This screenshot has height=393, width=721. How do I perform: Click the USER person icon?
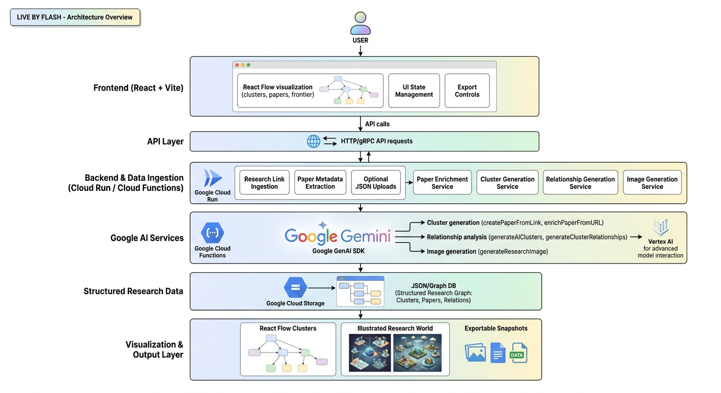(x=360, y=23)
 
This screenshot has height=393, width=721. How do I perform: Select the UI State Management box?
(x=414, y=91)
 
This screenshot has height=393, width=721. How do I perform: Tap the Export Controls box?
(x=467, y=91)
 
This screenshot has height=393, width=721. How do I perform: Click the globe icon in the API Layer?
(x=313, y=141)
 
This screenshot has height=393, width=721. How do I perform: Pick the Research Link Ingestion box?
(x=264, y=183)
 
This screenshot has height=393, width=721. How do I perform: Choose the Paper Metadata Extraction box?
(x=320, y=183)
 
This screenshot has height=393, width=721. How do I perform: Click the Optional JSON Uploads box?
(x=376, y=183)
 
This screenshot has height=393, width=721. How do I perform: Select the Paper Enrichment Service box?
(x=442, y=183)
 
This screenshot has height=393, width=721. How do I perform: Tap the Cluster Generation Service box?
(x=507, y=183)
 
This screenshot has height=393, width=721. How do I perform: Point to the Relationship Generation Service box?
(x=580, y=183)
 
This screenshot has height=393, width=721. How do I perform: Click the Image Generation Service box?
(x=652, y=183)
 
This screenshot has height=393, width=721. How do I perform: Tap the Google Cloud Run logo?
(x=213, y=178)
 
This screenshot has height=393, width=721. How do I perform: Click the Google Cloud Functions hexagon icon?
(x=212, y=233)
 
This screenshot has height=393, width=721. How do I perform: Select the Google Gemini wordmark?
(x=337, y=235)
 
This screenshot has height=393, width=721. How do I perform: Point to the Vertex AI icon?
(x=661, y=227)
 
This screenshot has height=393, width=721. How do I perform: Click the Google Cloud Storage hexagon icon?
(x=295, y=288)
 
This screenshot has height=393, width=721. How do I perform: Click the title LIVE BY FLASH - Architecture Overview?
(x=75, y=17)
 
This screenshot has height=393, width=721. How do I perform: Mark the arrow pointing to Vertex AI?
(x=636, y=237)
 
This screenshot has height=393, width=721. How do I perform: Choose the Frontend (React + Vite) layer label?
(x=138, y=88)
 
